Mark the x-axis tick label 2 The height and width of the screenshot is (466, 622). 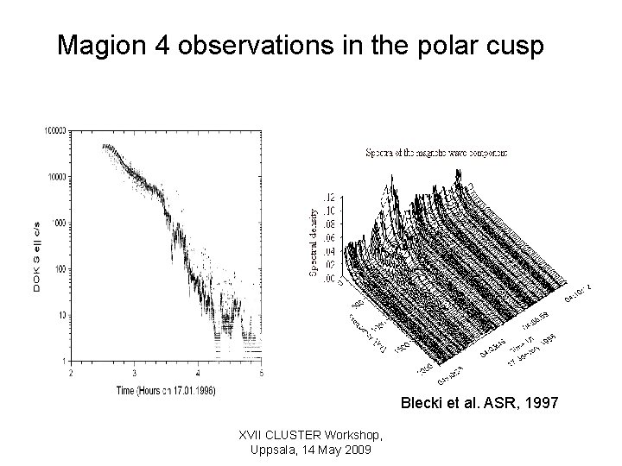(72, 373)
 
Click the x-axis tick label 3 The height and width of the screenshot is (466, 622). (135, 373)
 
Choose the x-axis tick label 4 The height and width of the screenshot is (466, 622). (198, 373)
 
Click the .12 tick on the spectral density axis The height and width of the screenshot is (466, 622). (328, 197)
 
